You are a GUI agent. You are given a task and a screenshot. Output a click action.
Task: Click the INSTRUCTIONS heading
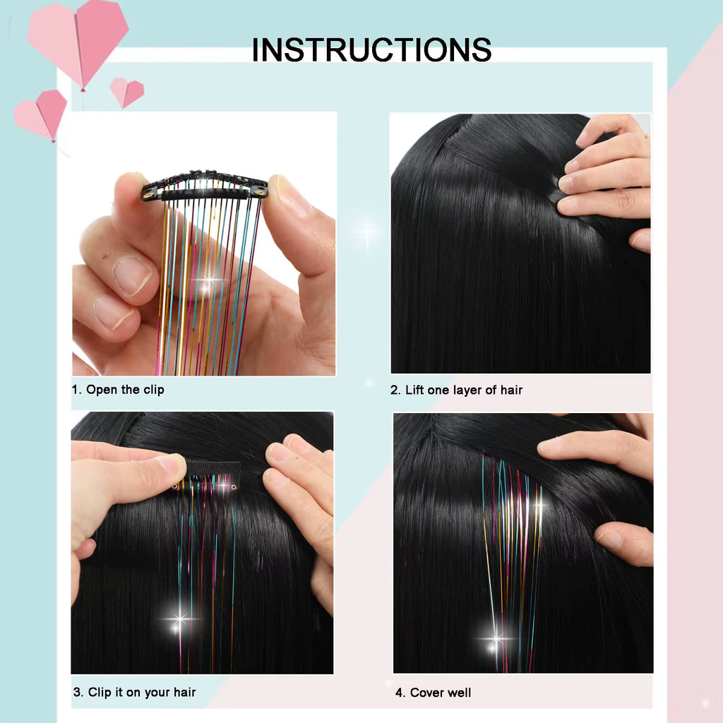pos(371,50)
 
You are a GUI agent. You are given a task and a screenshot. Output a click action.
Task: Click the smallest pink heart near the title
pos(126,92)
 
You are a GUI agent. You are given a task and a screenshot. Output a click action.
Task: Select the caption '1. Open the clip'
pos(118,390)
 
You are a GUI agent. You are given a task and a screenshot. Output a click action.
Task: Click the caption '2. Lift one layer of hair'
pos(457,390)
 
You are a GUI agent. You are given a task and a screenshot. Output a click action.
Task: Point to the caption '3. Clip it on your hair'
pos(134,692)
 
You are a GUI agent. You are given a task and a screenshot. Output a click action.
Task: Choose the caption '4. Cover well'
pos(433,693)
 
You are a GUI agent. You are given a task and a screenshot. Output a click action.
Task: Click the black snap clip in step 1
pos(205,185)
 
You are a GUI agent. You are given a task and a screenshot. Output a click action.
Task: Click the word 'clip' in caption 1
pos(153,390)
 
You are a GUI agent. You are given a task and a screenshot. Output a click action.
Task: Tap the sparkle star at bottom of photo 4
pos(496,639)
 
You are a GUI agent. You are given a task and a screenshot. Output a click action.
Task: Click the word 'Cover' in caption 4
pos(426,693)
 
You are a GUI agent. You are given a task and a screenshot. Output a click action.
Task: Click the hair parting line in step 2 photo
pos(494,159)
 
